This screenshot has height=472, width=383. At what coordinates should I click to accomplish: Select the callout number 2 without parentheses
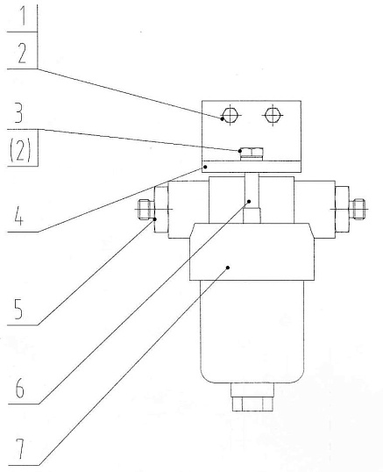[22, 53]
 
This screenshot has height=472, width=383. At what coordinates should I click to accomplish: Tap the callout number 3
[18, 112]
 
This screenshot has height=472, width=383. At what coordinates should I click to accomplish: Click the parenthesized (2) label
[20, 151]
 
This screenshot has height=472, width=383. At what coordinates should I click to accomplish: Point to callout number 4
[18, 216]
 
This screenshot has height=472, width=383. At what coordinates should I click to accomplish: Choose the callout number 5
[18, 310]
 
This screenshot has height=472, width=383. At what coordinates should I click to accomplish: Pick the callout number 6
[19, 388]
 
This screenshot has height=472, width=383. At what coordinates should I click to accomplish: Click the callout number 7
[20, 448]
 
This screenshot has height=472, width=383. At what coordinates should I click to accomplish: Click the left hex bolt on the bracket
[230, 115]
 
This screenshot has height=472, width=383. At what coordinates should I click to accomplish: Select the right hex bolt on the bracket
[273, 115]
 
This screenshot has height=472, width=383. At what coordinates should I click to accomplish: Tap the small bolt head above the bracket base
[252, 154]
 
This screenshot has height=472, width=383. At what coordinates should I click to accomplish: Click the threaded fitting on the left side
[146, 209]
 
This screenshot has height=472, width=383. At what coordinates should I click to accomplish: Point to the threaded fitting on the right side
[358, 209]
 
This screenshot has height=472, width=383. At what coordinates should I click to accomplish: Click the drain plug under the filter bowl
[252, 397]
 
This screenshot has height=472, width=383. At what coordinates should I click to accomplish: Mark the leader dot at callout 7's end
[228, 268]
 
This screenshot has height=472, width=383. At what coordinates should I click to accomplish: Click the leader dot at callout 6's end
[249, 202]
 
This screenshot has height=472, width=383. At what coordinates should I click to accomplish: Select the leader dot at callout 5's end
[155, 219]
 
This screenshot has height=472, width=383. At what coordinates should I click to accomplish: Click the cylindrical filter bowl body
[252, 331]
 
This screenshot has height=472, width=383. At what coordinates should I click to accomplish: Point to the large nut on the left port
[161, 210]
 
